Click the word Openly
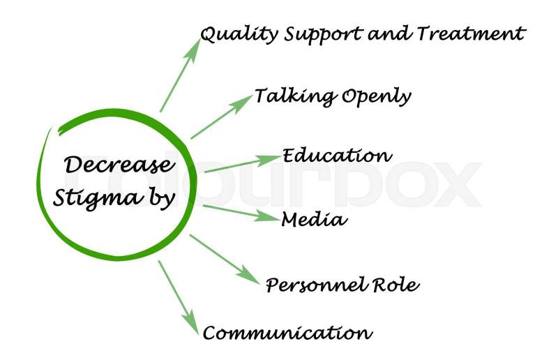pyautogui.click(x=376, y=97)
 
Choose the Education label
pyautogui.click(x=336, y=155)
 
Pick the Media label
pyautogui.click(x=314, y=220)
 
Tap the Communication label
pyautogui.click(x=287, y=333)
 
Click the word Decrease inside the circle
pyautogui.click(x=118, y=166)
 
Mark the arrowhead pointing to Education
pyautogui.click(x=271, y=160)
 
